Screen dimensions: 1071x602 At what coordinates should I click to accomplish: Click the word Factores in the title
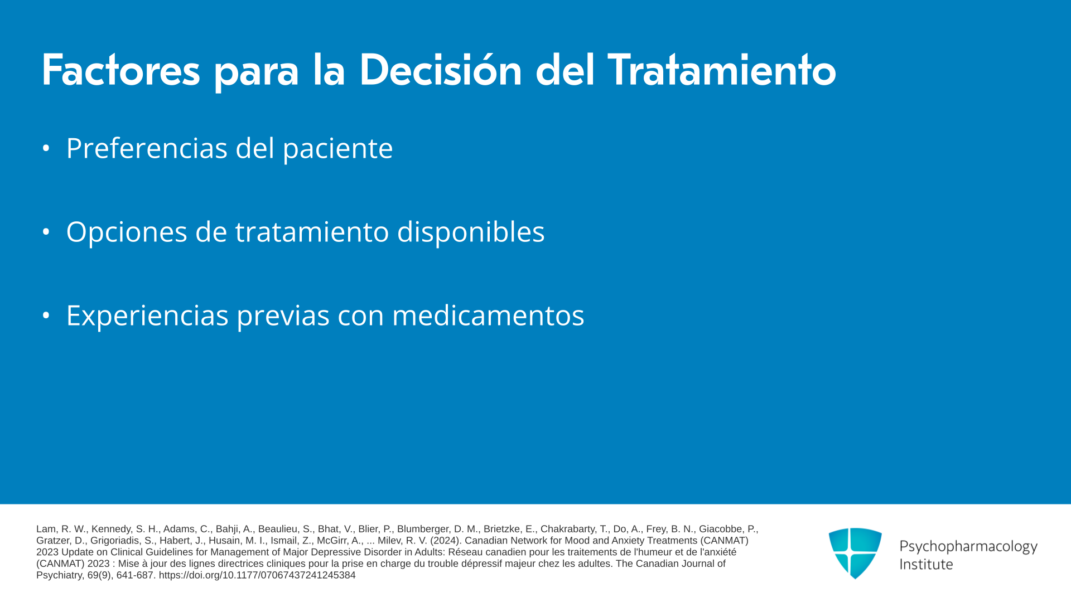coord(121,70)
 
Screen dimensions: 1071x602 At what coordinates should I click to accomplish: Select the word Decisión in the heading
coord(441,70)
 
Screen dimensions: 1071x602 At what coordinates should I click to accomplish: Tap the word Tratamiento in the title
coord(722,70)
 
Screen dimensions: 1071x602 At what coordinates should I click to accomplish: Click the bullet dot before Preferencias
coord(46,149)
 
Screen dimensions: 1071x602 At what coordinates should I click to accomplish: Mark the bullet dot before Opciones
coord(46,232)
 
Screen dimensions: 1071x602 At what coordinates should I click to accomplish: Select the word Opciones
coord(127,232)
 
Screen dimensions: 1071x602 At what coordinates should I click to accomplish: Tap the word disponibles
coord(471,232)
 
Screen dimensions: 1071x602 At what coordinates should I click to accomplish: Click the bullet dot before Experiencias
coord(46,315)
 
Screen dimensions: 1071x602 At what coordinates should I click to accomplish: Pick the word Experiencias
coord(147,316)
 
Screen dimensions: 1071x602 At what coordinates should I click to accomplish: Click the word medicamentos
coord(488,315)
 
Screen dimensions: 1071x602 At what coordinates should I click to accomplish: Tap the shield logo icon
coord(855,553)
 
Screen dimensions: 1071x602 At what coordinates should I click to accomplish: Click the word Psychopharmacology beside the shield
coord(968,547)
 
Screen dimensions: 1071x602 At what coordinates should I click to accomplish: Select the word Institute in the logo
coord(926,565)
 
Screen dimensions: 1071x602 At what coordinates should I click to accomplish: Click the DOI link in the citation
coord(257,575)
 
